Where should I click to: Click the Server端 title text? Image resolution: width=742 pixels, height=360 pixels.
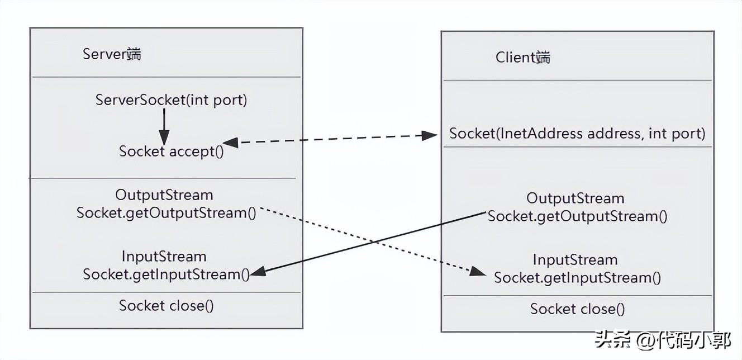tap(111, 54)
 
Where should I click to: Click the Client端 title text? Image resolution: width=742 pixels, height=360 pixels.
tap(522, 57)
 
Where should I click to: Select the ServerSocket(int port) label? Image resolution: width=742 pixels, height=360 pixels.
tap(171, 100)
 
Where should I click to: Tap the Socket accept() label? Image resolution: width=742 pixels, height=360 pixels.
tap(171, 151)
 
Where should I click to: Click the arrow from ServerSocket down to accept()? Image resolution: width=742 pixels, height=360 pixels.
tap(164, 126)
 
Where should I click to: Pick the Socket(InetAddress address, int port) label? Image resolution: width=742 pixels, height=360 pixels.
tap(577, 134)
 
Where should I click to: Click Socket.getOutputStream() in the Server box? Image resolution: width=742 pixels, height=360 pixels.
tap(166, 213)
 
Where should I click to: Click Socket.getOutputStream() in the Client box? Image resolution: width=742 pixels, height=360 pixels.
tap(577, 216)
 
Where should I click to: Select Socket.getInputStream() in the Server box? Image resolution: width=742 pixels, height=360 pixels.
tap(166, 274)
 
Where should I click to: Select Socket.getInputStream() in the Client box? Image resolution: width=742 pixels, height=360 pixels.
tap(577, 278)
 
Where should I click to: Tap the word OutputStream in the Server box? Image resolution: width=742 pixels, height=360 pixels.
tap(164, 195)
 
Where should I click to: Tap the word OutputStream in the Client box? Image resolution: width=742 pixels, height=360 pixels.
tap(575, 198)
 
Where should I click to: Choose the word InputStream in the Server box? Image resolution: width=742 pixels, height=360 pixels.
tap(164, 257)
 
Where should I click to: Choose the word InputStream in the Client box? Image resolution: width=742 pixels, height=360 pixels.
tap(575, 260)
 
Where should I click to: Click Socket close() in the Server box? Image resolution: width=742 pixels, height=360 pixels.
tap(166, 305)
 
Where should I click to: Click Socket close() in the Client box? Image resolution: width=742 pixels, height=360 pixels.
tap(577, 309)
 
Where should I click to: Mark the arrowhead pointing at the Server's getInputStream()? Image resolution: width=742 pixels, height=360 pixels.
tap(258, 272)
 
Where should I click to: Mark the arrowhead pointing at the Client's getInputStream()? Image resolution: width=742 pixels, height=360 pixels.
tap(478, 272)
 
